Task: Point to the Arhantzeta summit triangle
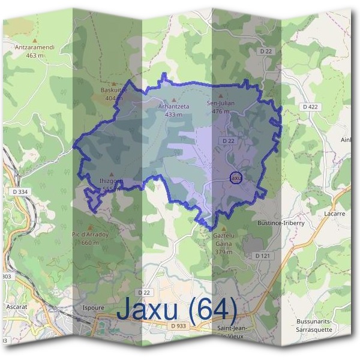(x=174, y=100)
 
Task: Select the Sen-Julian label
(x=221, y=103)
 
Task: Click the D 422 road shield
(x=310, y=107)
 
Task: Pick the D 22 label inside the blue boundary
(x=227, y=140)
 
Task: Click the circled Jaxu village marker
(x=236, y=178)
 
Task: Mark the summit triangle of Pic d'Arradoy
(x=91, y=227)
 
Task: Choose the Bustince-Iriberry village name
(x=281, y=223)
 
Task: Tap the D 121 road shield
(x=262, y=256)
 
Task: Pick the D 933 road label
(x=178, y=326)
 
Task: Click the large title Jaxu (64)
(x=177, y=309)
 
